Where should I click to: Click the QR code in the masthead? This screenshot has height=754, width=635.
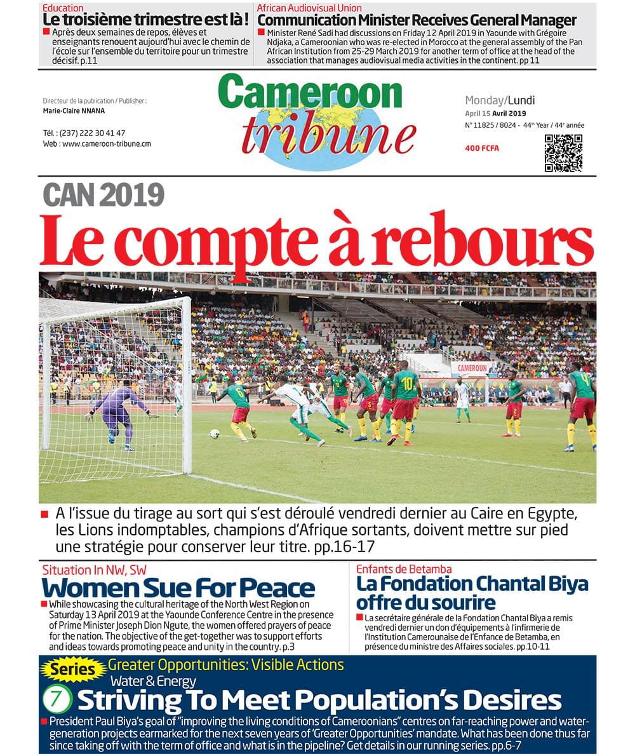click(x=563, y=153)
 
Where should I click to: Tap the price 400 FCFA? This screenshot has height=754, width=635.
click(x=482, y=149)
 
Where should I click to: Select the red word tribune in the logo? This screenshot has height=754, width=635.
click(x=328, y=135)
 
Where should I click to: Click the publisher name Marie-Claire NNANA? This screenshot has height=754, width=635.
click(x=74, y=111)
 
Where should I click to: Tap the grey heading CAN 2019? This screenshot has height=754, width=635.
click(x=104, y=194)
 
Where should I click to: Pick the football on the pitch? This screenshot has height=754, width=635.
click(x=215, y=434)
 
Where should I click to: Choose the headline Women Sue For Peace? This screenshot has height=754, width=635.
click(x=178, y=588)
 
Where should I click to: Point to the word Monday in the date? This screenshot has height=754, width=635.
click(x=485, y=100)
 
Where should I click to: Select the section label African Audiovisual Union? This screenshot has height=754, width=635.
click(x=309, y=8)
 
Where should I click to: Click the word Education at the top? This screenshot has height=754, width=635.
click(x=63, y=8)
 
